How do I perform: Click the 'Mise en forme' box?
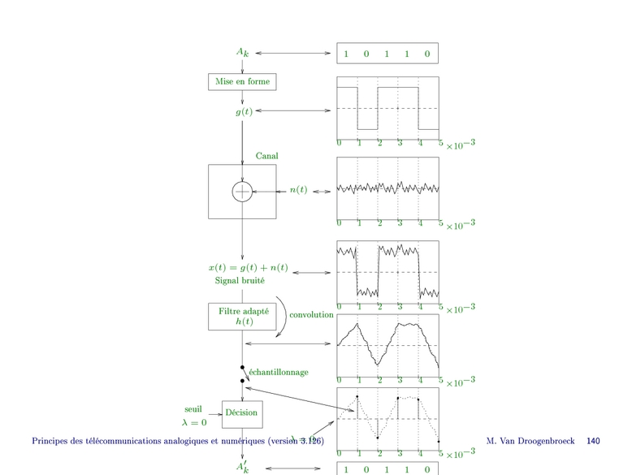pos(242,81)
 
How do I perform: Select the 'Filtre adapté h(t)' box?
pos(243,316)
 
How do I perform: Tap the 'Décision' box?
pos(241,412)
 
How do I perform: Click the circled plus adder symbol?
pos(243,192)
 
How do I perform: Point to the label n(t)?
pos(298,190)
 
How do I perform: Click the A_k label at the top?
pos(243,53)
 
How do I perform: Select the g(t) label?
pos(244,110)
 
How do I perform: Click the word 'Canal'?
pos(267,155)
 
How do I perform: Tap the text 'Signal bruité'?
pos(240,281)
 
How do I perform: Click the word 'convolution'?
pos(311,314)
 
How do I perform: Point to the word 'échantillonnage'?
pos(279,372)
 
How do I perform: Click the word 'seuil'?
pos(193,409)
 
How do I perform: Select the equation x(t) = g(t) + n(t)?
pos(248,268)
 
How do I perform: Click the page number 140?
pos(593,441)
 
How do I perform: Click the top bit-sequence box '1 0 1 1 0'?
pos(387,54)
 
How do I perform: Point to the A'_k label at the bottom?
pos(243,467)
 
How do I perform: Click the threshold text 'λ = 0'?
pos(193,422)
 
